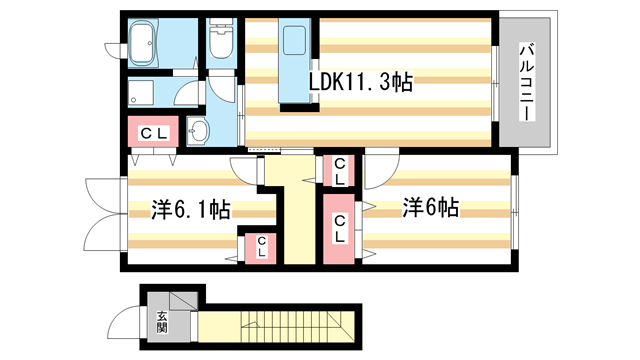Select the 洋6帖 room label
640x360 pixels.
click(431, 208)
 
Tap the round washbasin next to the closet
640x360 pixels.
click(199, 131)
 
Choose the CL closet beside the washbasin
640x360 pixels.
click(153, 133)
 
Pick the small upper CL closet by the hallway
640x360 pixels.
click(339, 170)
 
